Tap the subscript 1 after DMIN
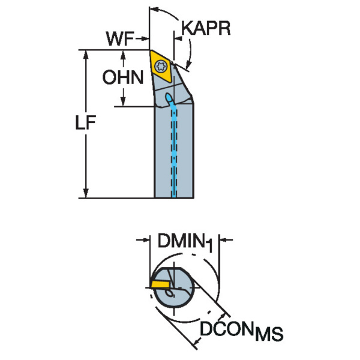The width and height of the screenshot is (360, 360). pyautogui.click(x=209, y=246)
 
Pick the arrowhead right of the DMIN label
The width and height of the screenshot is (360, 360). pyautogui.click(x=224, y=241)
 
